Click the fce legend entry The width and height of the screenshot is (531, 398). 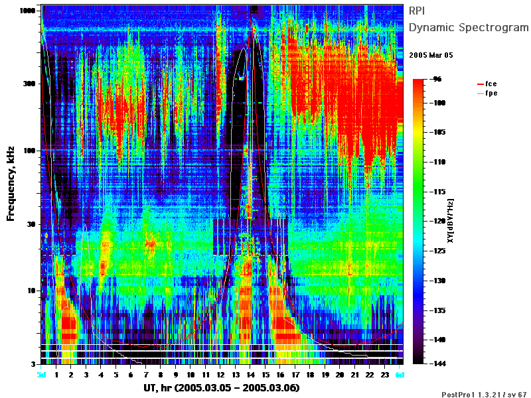tap(487, 84)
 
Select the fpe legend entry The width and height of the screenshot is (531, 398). tap(487, 93)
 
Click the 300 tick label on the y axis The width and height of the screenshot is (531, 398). tap(29, 84)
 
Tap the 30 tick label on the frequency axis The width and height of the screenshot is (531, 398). tap(31, 224)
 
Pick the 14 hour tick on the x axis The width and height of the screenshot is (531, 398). tap(250, 375)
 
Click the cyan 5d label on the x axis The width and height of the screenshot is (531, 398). tap(41, 375)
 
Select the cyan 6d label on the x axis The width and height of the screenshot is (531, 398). tap(400, 375)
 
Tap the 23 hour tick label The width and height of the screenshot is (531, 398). tap(385, 375)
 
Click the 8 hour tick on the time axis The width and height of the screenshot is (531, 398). tap(161, 375)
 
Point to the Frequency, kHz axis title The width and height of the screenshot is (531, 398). tap(11, 184)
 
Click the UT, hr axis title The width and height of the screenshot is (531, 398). tap(222, 387)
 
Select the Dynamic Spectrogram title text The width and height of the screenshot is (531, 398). tap(469, 27)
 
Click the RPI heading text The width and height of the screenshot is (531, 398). tap(417, 11)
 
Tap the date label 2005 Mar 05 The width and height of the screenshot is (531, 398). tap(431, 55)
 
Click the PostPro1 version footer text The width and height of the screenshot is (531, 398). tap(484, 394)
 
